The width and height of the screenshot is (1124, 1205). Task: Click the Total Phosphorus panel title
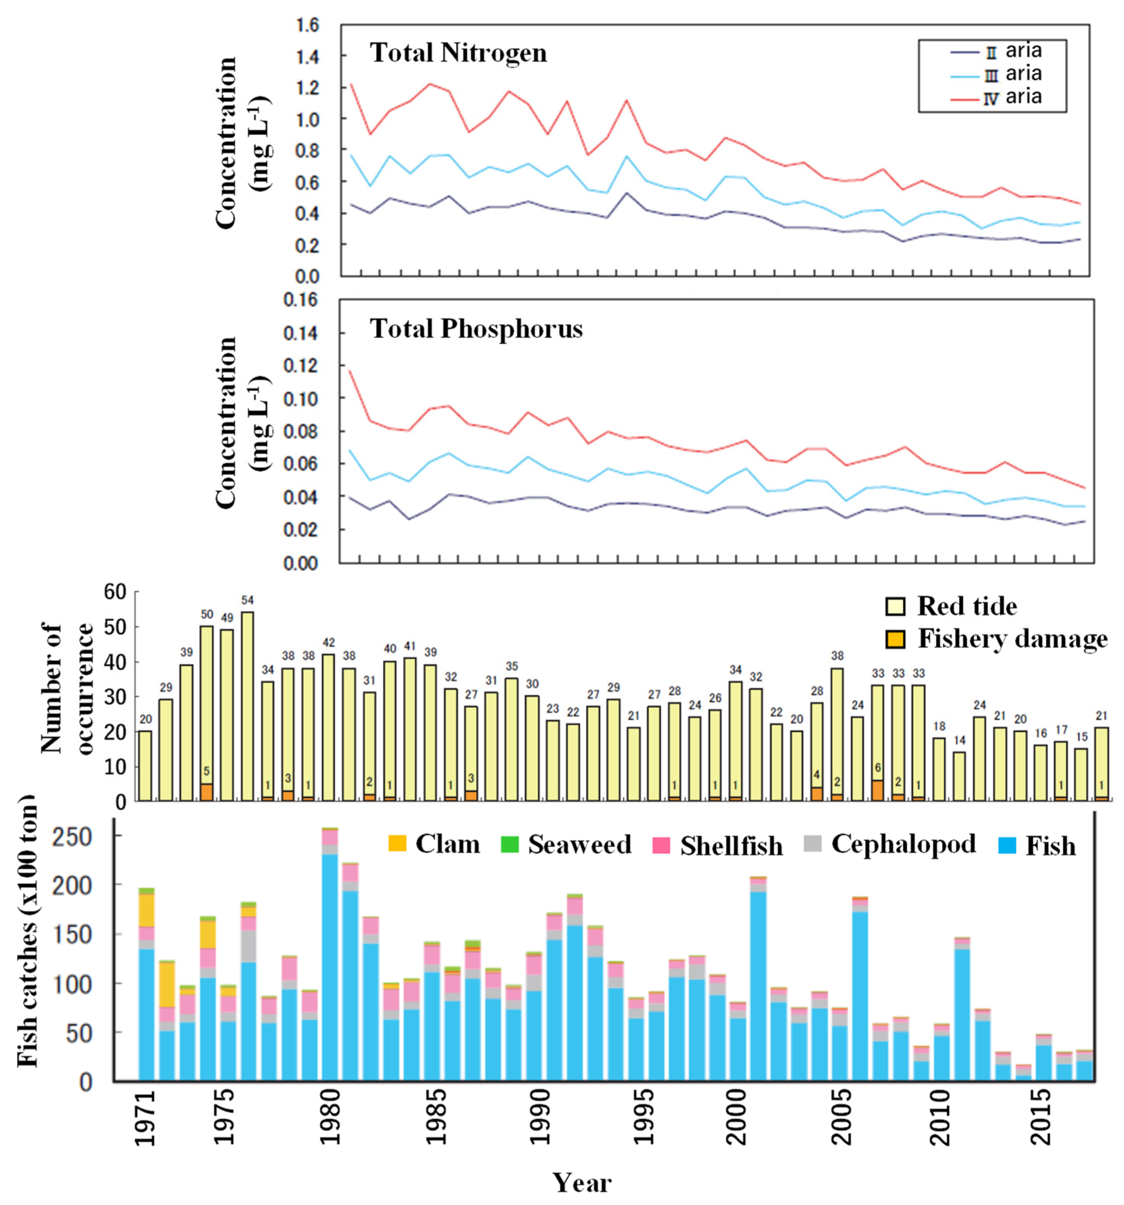[476, 329]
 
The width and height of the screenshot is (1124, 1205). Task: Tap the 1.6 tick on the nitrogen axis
[307, 25]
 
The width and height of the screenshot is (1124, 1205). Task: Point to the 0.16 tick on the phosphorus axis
[301, 301]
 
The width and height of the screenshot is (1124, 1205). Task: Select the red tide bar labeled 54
[247, 706]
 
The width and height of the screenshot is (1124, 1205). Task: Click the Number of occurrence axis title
[67, 688]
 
